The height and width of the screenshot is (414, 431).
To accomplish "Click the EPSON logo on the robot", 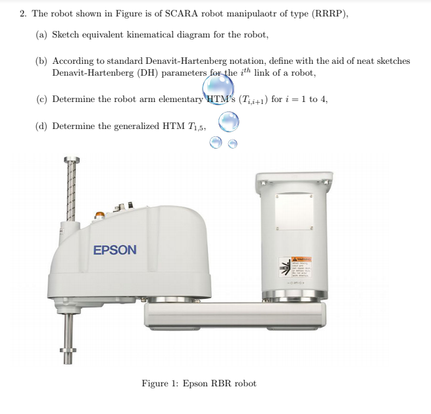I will pos(115,250).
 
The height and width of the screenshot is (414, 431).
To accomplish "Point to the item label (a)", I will pos(41,34).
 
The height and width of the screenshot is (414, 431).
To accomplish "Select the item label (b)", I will pos(41,61).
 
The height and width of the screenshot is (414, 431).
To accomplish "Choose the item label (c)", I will pos(41,99).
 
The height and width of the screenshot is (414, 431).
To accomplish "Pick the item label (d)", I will pos(41,126).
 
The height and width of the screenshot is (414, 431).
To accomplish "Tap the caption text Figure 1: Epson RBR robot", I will pos(199,383).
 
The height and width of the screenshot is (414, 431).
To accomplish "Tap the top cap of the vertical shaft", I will pos(71,160).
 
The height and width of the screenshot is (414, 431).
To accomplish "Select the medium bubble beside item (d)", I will pos(228,121).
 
